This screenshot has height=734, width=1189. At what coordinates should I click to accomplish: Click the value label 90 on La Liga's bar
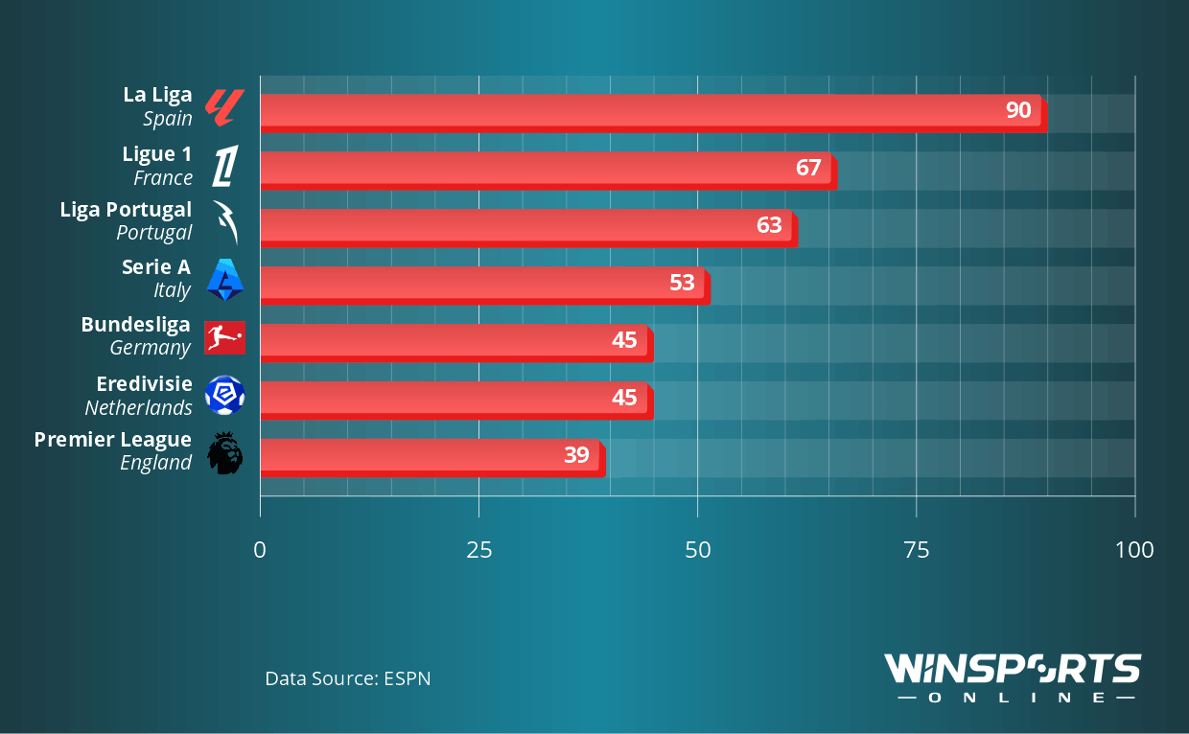(x=1017, y=110)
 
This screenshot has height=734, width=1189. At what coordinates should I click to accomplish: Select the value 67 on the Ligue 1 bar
(x=808, y=168)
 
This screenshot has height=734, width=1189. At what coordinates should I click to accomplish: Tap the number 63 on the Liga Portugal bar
(x=769, y=225)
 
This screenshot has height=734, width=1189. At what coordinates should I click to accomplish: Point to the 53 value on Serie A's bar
(x=682, y=283)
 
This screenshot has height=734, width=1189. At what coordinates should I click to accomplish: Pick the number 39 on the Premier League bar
(x=576, y=455)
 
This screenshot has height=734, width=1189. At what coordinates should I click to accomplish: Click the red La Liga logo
(x=225, y=107)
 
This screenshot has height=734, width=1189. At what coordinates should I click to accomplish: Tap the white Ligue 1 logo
(x=224, y=165)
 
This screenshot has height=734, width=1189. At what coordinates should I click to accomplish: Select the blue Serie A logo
(x=225, y=280)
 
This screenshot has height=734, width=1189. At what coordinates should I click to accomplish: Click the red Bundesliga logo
(x=225, y=337)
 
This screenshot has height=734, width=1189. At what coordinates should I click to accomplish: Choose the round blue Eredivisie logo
(x=225, y=395)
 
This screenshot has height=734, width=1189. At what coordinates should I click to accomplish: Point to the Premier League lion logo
(x=225, y=452)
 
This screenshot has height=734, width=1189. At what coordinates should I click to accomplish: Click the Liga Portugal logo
(x=224, y=222)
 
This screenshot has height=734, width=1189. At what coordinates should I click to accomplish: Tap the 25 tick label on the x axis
(x=478, y=550)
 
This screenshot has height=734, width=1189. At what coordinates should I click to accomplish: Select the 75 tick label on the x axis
(x=917, y=550)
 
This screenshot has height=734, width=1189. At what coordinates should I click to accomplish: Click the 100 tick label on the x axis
(x=1134, y=550)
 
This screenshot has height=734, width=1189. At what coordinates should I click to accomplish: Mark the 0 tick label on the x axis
(x=260, y=550)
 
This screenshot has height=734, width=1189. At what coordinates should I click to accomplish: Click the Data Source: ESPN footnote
(x=348, y=678)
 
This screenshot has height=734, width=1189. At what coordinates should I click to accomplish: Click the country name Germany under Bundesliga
(x=151, y=348)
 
